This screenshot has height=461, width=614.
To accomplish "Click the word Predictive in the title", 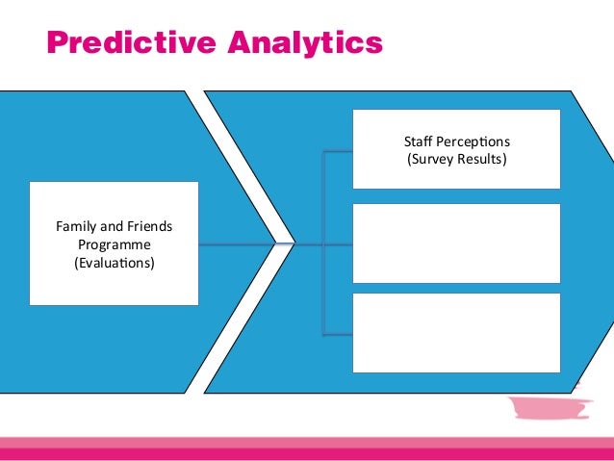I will pyautogui.click(x=131, y=43).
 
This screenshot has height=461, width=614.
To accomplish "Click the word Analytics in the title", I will pyautogui.click(x=304, y=43).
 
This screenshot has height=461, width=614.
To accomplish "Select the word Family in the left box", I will pyautogui.click(x=76, y=227).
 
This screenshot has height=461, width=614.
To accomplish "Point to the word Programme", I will pyautogui.click(x=114, y=244).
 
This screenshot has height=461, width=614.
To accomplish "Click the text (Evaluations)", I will pyautogui.click(x=114, y=262).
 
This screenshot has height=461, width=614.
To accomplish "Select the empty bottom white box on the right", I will pyautogui.click(x=456, y=332).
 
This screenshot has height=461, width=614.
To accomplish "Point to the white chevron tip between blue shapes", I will pyautogui.click(x=286, y=243).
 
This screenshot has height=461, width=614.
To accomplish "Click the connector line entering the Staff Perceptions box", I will pyautogui.click(x=339, y=152).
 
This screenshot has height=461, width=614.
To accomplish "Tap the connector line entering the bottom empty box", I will pyautogui.click(x=339, y=335).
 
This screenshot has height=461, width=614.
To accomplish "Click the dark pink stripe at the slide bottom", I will pyautogui.click(x=307, y=453).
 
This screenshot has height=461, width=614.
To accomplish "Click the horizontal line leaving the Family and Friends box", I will pyautogui.click(x=236, y=243).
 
